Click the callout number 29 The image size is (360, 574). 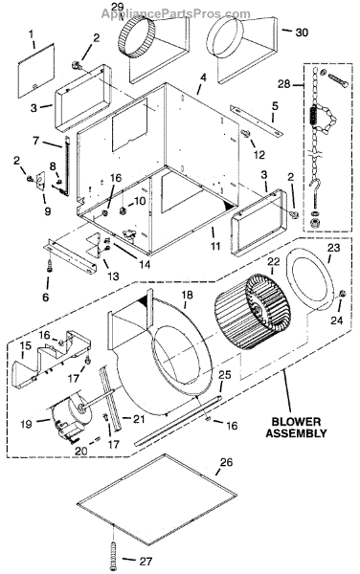click(x=119, y=7)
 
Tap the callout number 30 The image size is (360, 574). click(x=302, y=33)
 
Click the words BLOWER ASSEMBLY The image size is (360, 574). click(x=296, y=428)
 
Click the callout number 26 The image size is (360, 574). click(x=226, y=462)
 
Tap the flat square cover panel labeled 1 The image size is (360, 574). click(x=36, y=71)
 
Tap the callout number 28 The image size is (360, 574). click(x=284, y=84)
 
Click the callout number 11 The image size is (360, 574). click(x=215, y=245)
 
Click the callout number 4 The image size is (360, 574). click(x=203, y=78)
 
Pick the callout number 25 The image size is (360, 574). click(x=225, y=374)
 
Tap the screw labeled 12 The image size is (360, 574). click(x=245, y=133)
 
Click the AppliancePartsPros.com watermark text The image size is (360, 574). click(x=176, y=14)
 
